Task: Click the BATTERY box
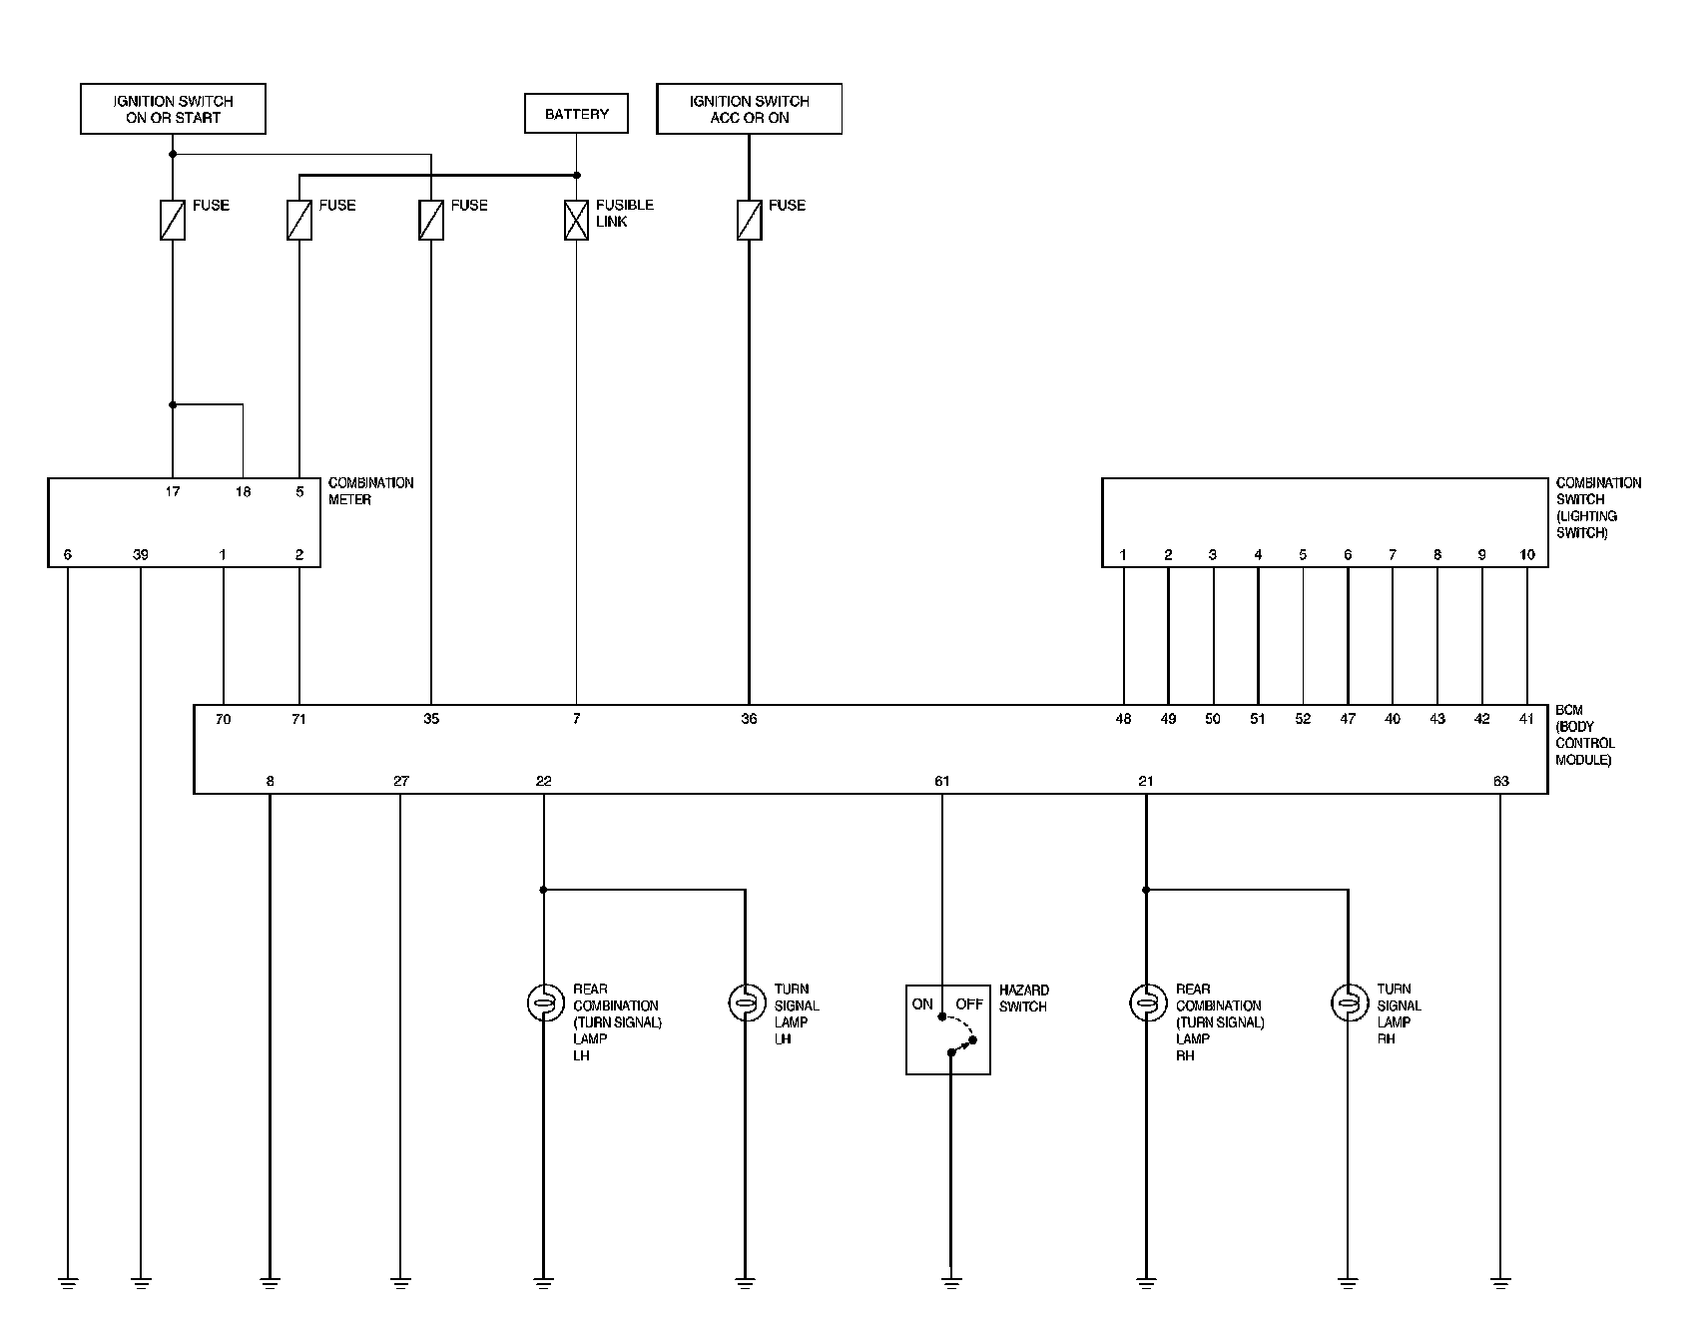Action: pyautogui.click(x=576, y=114)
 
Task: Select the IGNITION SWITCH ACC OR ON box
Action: pyautogui.click(x=749, y=109)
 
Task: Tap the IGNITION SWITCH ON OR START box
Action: pyautogui.click(x=173, y=109)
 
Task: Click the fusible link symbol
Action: pyautogui.click(x=576, y=220)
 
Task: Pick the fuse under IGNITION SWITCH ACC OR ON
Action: pyautogui.click(x=749, y=220)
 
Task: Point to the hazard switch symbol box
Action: pyautogui.click(x=947, y=1029)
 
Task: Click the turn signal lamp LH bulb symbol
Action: pyautogui.click(x=745, y=1001)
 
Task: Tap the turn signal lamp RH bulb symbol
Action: pyautogui.click(x=1348, y=1001)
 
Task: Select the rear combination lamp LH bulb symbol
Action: pyautogui.click(x=543, y=1001)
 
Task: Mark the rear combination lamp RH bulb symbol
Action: pyautogui.click(x=1146, y=1001)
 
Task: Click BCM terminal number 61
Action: pyautogui.click(x=941, y=781)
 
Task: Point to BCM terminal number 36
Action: pyautogui.click(x=749, y=719)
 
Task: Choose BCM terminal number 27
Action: pyautogui.click(x=400, y=781)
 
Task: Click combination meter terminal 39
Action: pyautogui.click(x=141, y=555)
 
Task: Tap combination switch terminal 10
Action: pyautogui.click(x=1526, y=555)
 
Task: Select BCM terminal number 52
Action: pyautogui.click(x=1303, y=719)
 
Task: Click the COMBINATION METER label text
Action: pyautogui.click(x=370, y=491)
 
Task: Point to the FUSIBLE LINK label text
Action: pyautogui.click(x=625, y=213)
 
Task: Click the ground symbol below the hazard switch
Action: pyautogui.click(x=950, y=1282)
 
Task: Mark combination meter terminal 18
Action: pyautogui.click(x=243, y=491)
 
